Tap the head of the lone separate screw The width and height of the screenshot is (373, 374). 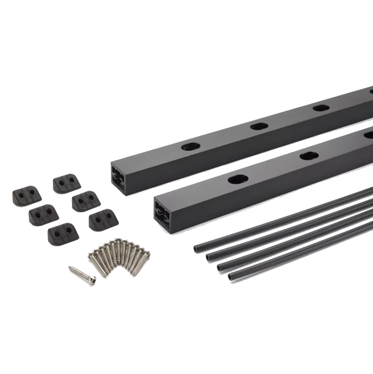tap(92, 280)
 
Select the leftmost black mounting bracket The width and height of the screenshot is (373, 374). tap(27, 195)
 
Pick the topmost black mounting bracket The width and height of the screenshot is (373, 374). tap(67, 183)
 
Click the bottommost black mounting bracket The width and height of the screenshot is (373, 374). tap(62, 233)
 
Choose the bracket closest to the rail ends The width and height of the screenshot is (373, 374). tap(101, 219)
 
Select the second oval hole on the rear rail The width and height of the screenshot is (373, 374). tap(259, 126)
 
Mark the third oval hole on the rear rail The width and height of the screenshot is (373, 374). tap(321, 108)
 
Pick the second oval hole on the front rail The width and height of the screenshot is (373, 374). tap(309, 156)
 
